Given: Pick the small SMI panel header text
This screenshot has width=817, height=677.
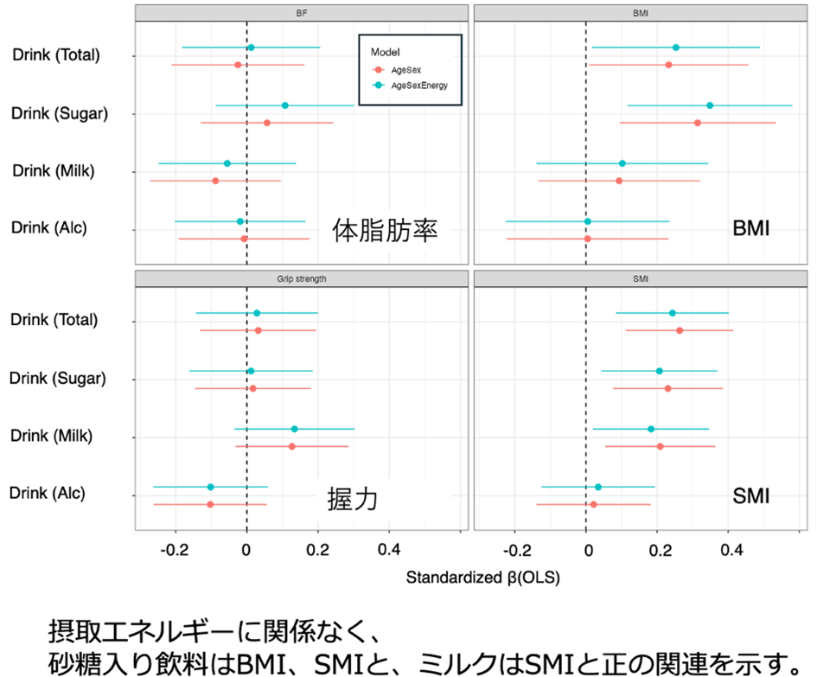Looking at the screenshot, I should click(x=641, y=278).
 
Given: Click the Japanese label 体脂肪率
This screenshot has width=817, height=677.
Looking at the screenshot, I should click(x=386, y=232).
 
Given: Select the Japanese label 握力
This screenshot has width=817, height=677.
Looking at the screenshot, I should click(x=352, y=499).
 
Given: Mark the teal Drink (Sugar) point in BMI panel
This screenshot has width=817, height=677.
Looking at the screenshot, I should click(x=710, y=105).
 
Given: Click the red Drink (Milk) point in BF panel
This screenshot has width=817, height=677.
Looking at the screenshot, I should click(x=215, y=181).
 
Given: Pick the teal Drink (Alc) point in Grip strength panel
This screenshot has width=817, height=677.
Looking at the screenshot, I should click(x=210, y=488).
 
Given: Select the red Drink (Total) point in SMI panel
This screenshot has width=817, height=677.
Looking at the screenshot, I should click(x=680, y=330).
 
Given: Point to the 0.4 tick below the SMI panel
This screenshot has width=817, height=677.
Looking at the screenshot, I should click(x=731, y=548).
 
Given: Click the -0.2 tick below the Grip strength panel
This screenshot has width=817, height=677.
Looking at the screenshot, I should click(x=175, y=548).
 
